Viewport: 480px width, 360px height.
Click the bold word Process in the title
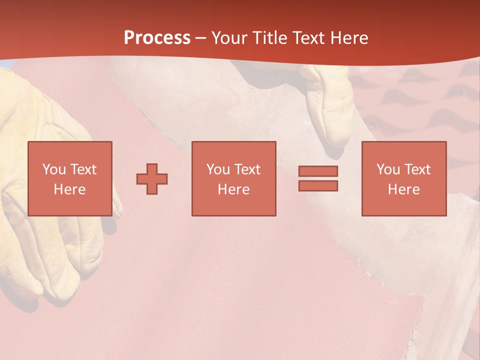(157, 38)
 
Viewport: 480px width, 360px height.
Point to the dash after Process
(201, 38)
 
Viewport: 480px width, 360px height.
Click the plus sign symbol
(152, 178)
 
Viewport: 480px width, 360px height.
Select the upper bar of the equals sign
(318, 171)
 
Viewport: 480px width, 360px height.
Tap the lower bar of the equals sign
(318, 185)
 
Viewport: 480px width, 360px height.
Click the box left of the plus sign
(70, 178)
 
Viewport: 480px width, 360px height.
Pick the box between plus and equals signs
(233, 178)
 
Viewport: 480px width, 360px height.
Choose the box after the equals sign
(403, 178)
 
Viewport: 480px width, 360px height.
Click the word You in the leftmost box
(54, 169)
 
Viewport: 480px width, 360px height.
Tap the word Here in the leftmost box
(69, 189)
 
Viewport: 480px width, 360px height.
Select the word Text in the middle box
(247, 169)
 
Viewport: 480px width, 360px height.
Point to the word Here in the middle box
(233, 189)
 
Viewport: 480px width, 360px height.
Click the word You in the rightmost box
(388, 169)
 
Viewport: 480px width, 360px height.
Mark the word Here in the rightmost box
(403, 189)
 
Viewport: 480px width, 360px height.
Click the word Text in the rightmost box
(417, 169)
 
